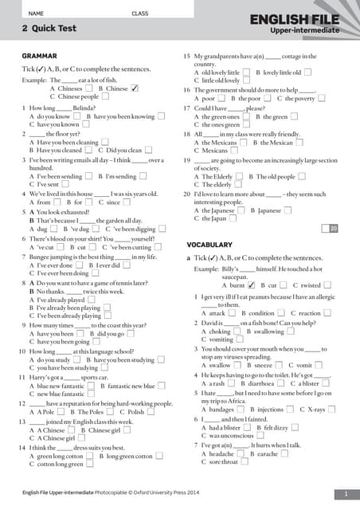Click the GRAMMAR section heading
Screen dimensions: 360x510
click(x=39, y=56)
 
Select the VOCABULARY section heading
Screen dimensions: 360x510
click(x=209, y=244)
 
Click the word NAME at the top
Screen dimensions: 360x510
click(x=36, y=14)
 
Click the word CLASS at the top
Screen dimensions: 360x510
click(x=140, y=14)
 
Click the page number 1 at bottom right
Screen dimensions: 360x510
click(x=346, y=494)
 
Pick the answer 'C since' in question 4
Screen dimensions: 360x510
click(x=115, y=202)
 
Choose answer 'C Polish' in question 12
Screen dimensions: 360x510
click(x=136, y=412)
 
